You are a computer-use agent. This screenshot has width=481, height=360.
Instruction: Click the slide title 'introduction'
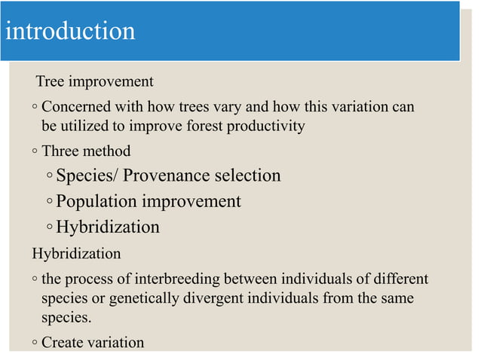click(70, 32)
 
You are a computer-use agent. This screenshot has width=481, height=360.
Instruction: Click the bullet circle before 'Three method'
click(35, 152)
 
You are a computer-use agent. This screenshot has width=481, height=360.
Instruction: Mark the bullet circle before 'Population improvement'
click(49, 203)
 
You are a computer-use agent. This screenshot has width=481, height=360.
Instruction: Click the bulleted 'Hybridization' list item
click(108, 227)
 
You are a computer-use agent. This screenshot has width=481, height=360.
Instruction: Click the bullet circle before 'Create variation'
click(35, 343)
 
